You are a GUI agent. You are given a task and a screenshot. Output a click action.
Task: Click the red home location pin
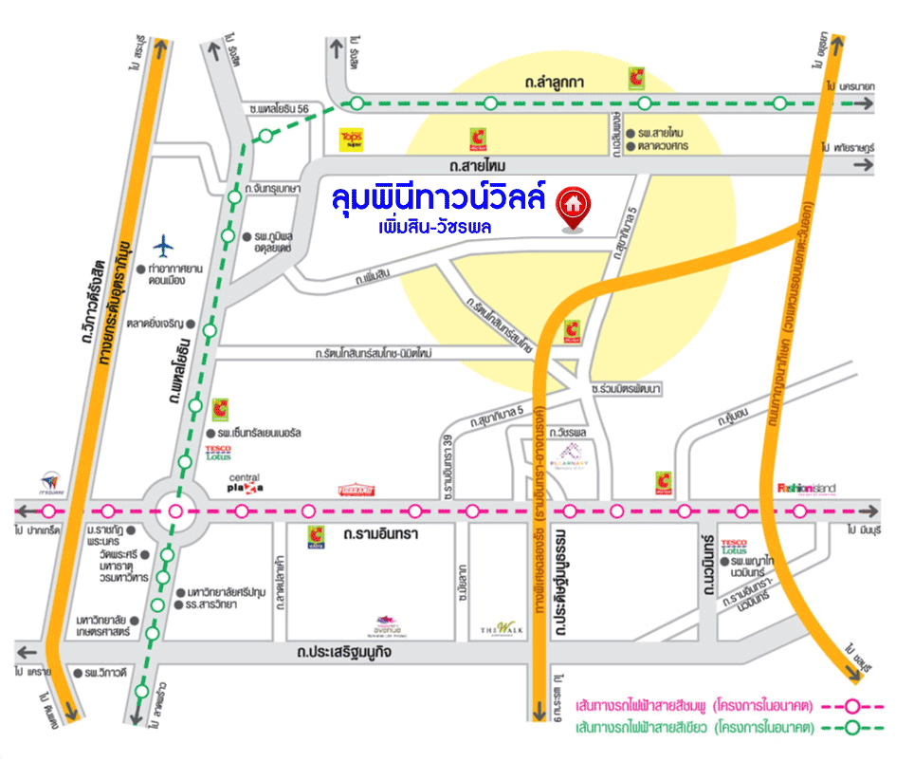click(x=571, y=207)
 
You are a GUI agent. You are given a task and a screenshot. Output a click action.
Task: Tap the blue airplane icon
click(x=165, y=246)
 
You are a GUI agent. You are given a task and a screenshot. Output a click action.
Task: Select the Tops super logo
click(x=352, y=140)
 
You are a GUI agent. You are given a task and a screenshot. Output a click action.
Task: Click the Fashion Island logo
click(x=806, y=488)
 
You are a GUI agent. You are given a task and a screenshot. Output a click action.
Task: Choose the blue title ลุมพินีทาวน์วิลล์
click(x=439, y=199)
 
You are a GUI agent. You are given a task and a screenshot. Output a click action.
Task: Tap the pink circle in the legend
click(x=851, y=706)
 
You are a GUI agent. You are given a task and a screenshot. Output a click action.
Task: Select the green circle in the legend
click(x=851, y=728)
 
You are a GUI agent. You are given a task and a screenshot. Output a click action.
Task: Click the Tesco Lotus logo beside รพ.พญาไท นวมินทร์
click(x=735, y=546)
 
